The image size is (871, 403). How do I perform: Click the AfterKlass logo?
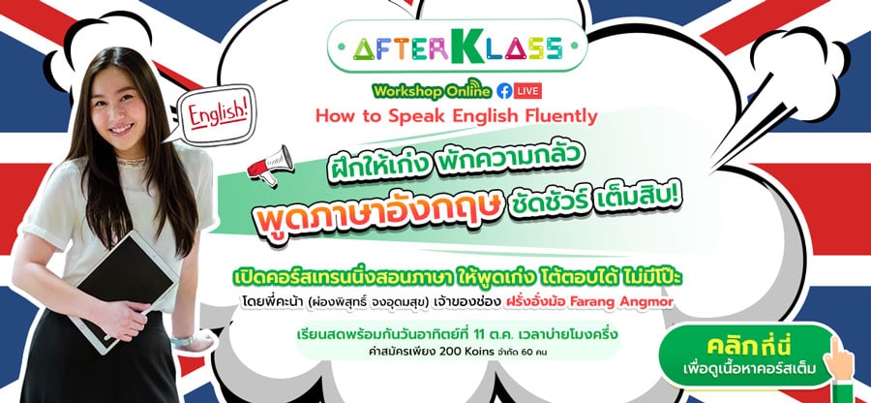[457, 46]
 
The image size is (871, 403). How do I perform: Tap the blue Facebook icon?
[504, 91]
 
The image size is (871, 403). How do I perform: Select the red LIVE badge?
[527, 91]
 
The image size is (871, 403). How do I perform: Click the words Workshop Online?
[433, 90]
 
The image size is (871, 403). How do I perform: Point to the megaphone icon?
[271, 165]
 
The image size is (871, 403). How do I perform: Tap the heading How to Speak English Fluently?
[457, 116]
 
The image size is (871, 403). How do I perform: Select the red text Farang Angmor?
[639, 302]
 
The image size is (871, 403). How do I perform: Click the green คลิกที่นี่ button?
[747, 356]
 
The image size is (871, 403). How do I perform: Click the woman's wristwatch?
[183, 340]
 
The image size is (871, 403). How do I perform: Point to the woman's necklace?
[130, 162]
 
